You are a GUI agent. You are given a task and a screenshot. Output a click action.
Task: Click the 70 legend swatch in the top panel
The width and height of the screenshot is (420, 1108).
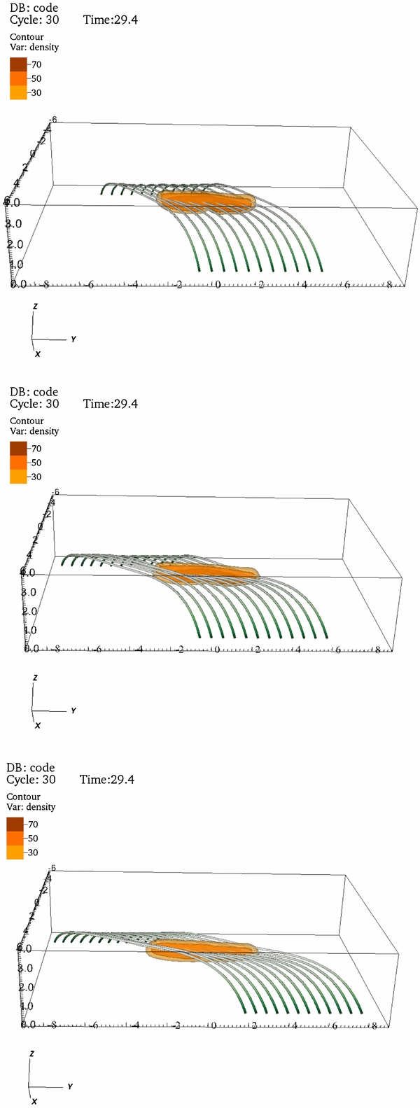pyautogui.click(x=18, y=64)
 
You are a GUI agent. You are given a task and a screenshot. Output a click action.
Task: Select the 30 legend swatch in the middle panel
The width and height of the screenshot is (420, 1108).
pyautogui.click(x=18, y=477)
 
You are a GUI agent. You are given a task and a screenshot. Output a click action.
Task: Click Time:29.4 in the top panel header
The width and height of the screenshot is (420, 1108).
pyautogui.click(x=110, y=20)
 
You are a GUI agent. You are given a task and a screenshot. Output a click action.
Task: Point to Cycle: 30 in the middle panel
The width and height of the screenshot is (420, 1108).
pyautogui.click(x=34, y=404)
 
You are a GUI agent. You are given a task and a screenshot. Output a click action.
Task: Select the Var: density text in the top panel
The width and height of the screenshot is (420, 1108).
pyautogui.click(x=34, y=48)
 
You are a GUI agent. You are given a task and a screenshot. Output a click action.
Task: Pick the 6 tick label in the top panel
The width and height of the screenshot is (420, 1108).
pyautogui.click(x=346, y=285)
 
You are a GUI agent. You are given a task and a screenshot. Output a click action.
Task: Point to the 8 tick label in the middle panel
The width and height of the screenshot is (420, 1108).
pyautogui.click(x=378, y=650)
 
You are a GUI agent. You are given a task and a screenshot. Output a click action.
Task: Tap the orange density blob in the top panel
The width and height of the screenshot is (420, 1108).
pyautogui.click(x=206, y=200)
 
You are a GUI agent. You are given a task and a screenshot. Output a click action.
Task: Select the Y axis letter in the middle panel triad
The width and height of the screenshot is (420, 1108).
pyautogui.click(x=73, y=710)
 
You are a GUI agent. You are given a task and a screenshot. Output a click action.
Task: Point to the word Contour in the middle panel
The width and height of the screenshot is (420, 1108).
pyautogui.click(x=27, y=421)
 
